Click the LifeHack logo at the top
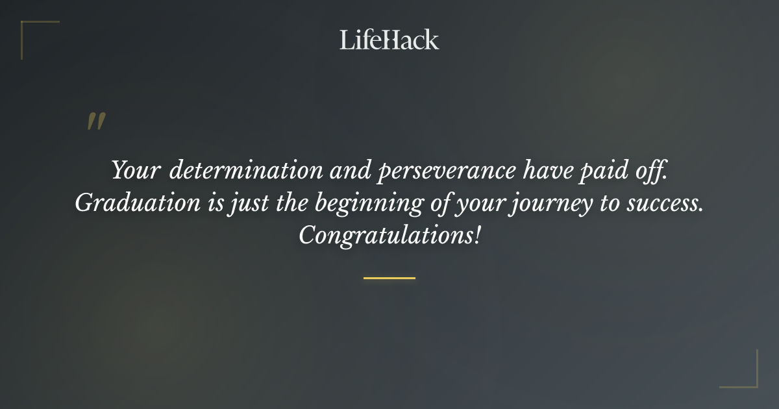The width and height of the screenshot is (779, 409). pos(389,40)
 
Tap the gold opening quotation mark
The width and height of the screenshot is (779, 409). pos(96,122)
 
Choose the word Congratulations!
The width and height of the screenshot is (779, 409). pos(389,236)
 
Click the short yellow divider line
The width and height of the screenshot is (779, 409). pos(389,278)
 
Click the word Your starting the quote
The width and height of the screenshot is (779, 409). pos(135,171)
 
